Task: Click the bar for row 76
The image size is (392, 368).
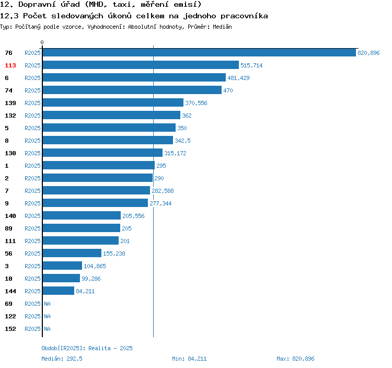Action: (199, 52)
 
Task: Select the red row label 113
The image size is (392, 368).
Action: (10, 65)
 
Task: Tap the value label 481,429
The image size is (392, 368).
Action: (238, 78)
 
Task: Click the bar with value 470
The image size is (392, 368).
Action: (132, 90)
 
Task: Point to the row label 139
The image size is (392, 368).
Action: (10, 103)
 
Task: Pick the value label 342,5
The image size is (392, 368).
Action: (182, 141)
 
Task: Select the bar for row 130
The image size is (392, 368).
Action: (102, 153)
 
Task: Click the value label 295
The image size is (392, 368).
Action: (162, 166)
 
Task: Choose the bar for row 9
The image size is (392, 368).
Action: (95, 203)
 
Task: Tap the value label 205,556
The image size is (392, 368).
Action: (133, 216)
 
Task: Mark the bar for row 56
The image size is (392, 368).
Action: (72, 253)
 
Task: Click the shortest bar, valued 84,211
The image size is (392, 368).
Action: (59, 291)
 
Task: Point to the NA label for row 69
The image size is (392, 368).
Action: (47, 304)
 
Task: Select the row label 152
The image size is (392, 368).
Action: (10, 329)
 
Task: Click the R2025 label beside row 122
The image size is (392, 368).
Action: (32, 316)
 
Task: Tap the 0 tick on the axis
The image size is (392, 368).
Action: (42, 42)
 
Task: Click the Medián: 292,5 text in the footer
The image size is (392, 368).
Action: (62, 359)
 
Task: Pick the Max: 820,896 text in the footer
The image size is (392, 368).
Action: (295, 359)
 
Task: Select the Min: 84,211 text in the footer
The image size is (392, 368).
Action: (189, 359)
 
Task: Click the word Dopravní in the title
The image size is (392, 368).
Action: (37, 4)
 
